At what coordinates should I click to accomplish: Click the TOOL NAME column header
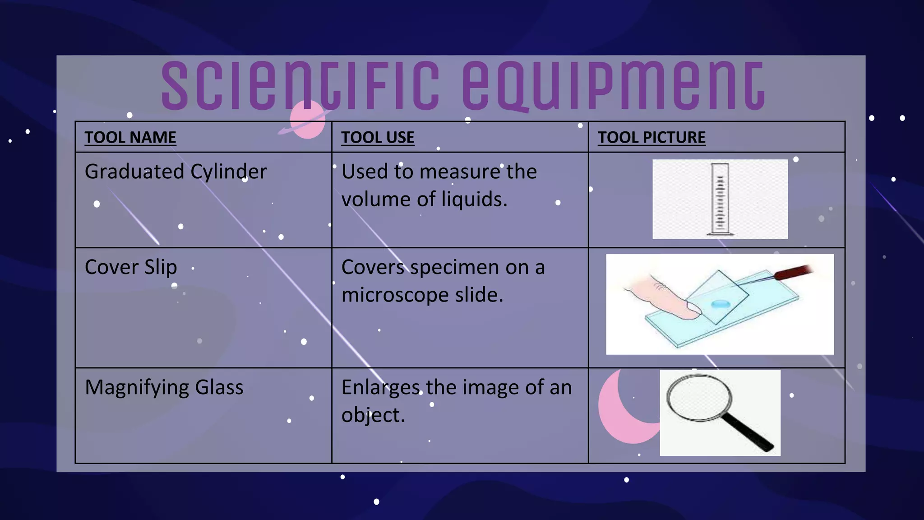pos(130,137)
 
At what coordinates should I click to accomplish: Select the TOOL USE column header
pos(378,137)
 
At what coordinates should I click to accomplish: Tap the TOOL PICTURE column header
pos(651,137)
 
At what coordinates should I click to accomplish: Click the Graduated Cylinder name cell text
pos(176,172)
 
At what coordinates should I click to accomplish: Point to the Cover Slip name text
pos(131,267)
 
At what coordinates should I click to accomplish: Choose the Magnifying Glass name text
pos(164,387)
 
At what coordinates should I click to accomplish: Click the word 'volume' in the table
pos(375,200)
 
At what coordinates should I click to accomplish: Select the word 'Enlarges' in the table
pos(380,387)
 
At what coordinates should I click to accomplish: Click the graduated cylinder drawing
pos(720,199)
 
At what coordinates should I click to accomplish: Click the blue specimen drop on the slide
pos(720,304)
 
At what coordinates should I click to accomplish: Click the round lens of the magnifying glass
pos(699,397)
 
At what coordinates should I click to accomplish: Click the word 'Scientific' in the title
pos(300,86)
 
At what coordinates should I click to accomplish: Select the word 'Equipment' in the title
pos(613,86)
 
